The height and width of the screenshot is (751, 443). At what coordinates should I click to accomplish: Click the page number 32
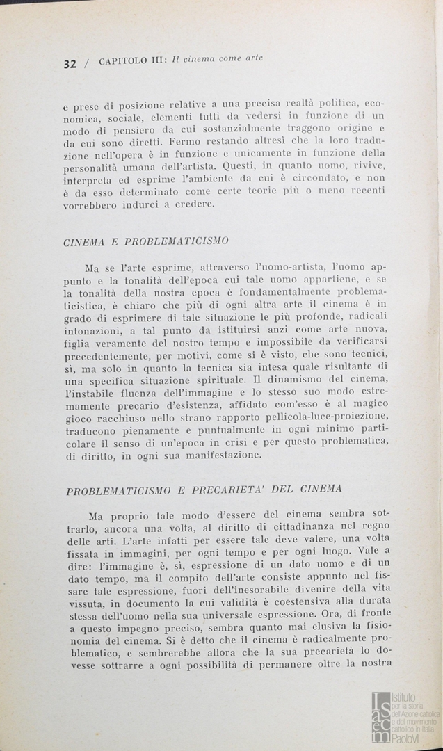pos(68,63)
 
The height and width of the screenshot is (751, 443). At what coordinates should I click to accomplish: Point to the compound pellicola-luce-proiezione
pos(327,417)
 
